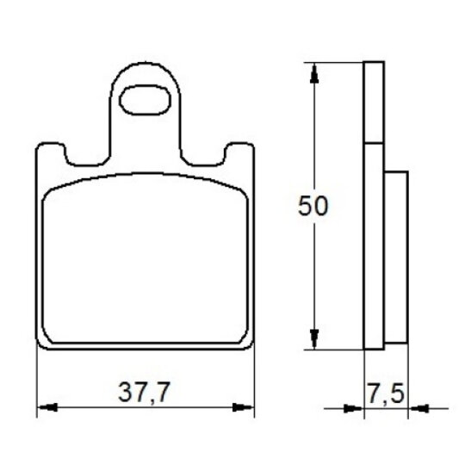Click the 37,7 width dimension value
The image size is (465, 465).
point(144,393)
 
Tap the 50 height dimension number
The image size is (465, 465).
point(313,206)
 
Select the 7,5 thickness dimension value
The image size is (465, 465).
point(386,394)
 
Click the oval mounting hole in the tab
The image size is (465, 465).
point(145,100)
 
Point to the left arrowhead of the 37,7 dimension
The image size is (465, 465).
point(46,407)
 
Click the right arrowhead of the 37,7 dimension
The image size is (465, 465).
point(243,407)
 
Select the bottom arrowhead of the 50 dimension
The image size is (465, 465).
point(314,339)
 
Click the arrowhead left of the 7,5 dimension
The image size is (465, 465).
point(354,409)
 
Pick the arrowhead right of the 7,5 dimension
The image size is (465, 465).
point(418,409)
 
